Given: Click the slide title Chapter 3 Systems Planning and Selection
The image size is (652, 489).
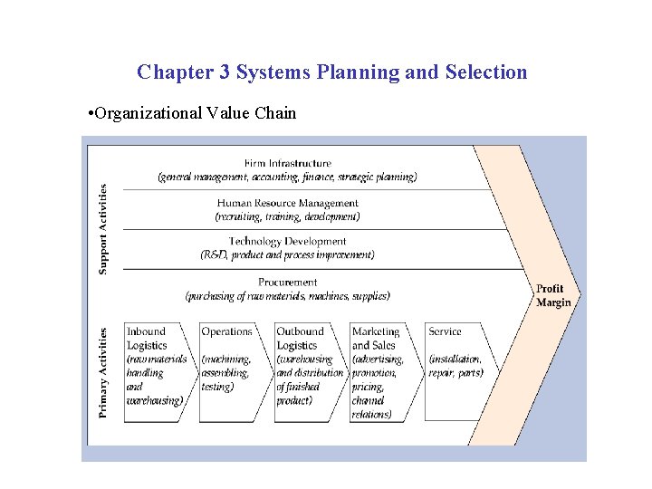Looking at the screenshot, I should point(331,72).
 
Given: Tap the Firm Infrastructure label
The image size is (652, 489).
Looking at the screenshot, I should point(287,164).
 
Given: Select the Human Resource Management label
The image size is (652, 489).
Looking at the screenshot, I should point(287,204).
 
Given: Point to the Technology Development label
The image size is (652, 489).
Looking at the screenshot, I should point(287,242).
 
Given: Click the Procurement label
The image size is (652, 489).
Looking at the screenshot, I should point(287,283).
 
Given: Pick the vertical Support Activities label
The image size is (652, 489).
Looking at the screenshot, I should point(103,229).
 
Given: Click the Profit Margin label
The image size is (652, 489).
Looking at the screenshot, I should point(552,296).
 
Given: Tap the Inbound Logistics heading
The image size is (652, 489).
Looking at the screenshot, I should point(147,339).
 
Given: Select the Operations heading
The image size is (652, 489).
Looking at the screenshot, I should point(226,332).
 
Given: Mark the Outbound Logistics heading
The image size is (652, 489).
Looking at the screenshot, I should point(300,339).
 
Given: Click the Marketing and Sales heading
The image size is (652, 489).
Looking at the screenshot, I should point(374,339).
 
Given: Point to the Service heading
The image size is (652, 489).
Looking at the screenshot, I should point(445,332).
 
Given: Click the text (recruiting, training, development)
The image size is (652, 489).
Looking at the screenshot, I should point(287,217).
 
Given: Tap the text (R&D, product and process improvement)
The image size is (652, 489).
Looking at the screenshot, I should point(287,255).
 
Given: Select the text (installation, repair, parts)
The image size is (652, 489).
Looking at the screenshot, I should point(455,366).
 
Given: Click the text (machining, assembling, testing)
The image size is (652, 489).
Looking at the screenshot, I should point(225,373).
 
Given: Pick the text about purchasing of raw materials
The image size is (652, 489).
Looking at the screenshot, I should point(287,296).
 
